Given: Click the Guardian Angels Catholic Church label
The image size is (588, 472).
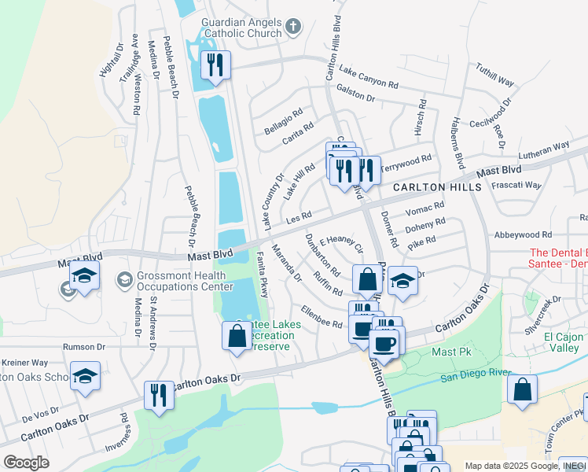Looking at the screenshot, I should [x=241, y=28].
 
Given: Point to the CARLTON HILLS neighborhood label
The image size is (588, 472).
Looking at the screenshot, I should [x=437, y=187].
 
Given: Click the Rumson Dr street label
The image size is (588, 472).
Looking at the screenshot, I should [x=83, y=346].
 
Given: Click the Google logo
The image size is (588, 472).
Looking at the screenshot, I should [x=26, y=463].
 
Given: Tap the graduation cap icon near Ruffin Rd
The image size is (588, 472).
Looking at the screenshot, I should [x=402, y=282].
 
